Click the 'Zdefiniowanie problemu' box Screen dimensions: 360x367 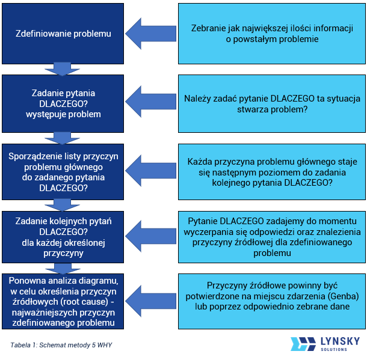tap(63, 34)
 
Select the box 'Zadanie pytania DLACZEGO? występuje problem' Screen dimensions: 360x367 tap(63, 103)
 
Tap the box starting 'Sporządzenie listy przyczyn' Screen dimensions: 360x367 tap(63, 171)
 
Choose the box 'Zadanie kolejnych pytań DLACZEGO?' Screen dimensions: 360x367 tap(63, 237)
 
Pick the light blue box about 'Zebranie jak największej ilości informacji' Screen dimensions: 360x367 tap(271, 34)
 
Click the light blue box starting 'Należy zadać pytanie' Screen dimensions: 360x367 tap(271, 103)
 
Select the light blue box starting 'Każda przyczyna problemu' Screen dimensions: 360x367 tap(271, 172)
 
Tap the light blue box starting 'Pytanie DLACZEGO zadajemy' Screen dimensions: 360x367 tap(271, 237)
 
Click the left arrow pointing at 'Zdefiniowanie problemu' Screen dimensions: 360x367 tap(150, 34)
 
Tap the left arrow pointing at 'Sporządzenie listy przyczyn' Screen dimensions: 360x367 tap(150, 171)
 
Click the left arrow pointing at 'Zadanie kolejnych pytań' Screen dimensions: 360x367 tap(150, 237)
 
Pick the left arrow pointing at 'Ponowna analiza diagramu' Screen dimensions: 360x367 tap(150, 301)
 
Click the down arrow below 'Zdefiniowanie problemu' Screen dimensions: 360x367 tap(63, 69)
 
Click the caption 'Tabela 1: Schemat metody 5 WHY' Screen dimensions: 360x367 tap(61, 345)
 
